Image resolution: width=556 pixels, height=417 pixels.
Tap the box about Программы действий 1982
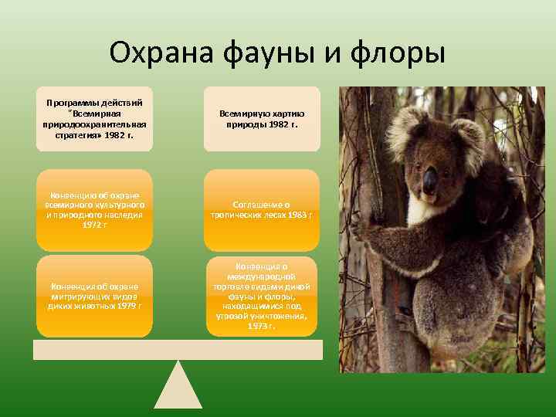(94, 118)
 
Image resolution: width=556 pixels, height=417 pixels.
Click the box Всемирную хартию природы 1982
(262, 118)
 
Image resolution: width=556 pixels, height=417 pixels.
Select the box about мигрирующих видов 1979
(94, 296)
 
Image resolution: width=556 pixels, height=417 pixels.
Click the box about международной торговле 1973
(262, 296)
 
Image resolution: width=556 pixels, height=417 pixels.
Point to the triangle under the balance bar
(178, 385)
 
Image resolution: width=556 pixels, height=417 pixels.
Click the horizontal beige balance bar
(178, 350)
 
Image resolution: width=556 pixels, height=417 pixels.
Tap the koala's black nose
(429, 180)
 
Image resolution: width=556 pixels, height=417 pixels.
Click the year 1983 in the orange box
(297, 215)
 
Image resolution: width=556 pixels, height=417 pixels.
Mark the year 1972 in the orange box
(94, 224)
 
